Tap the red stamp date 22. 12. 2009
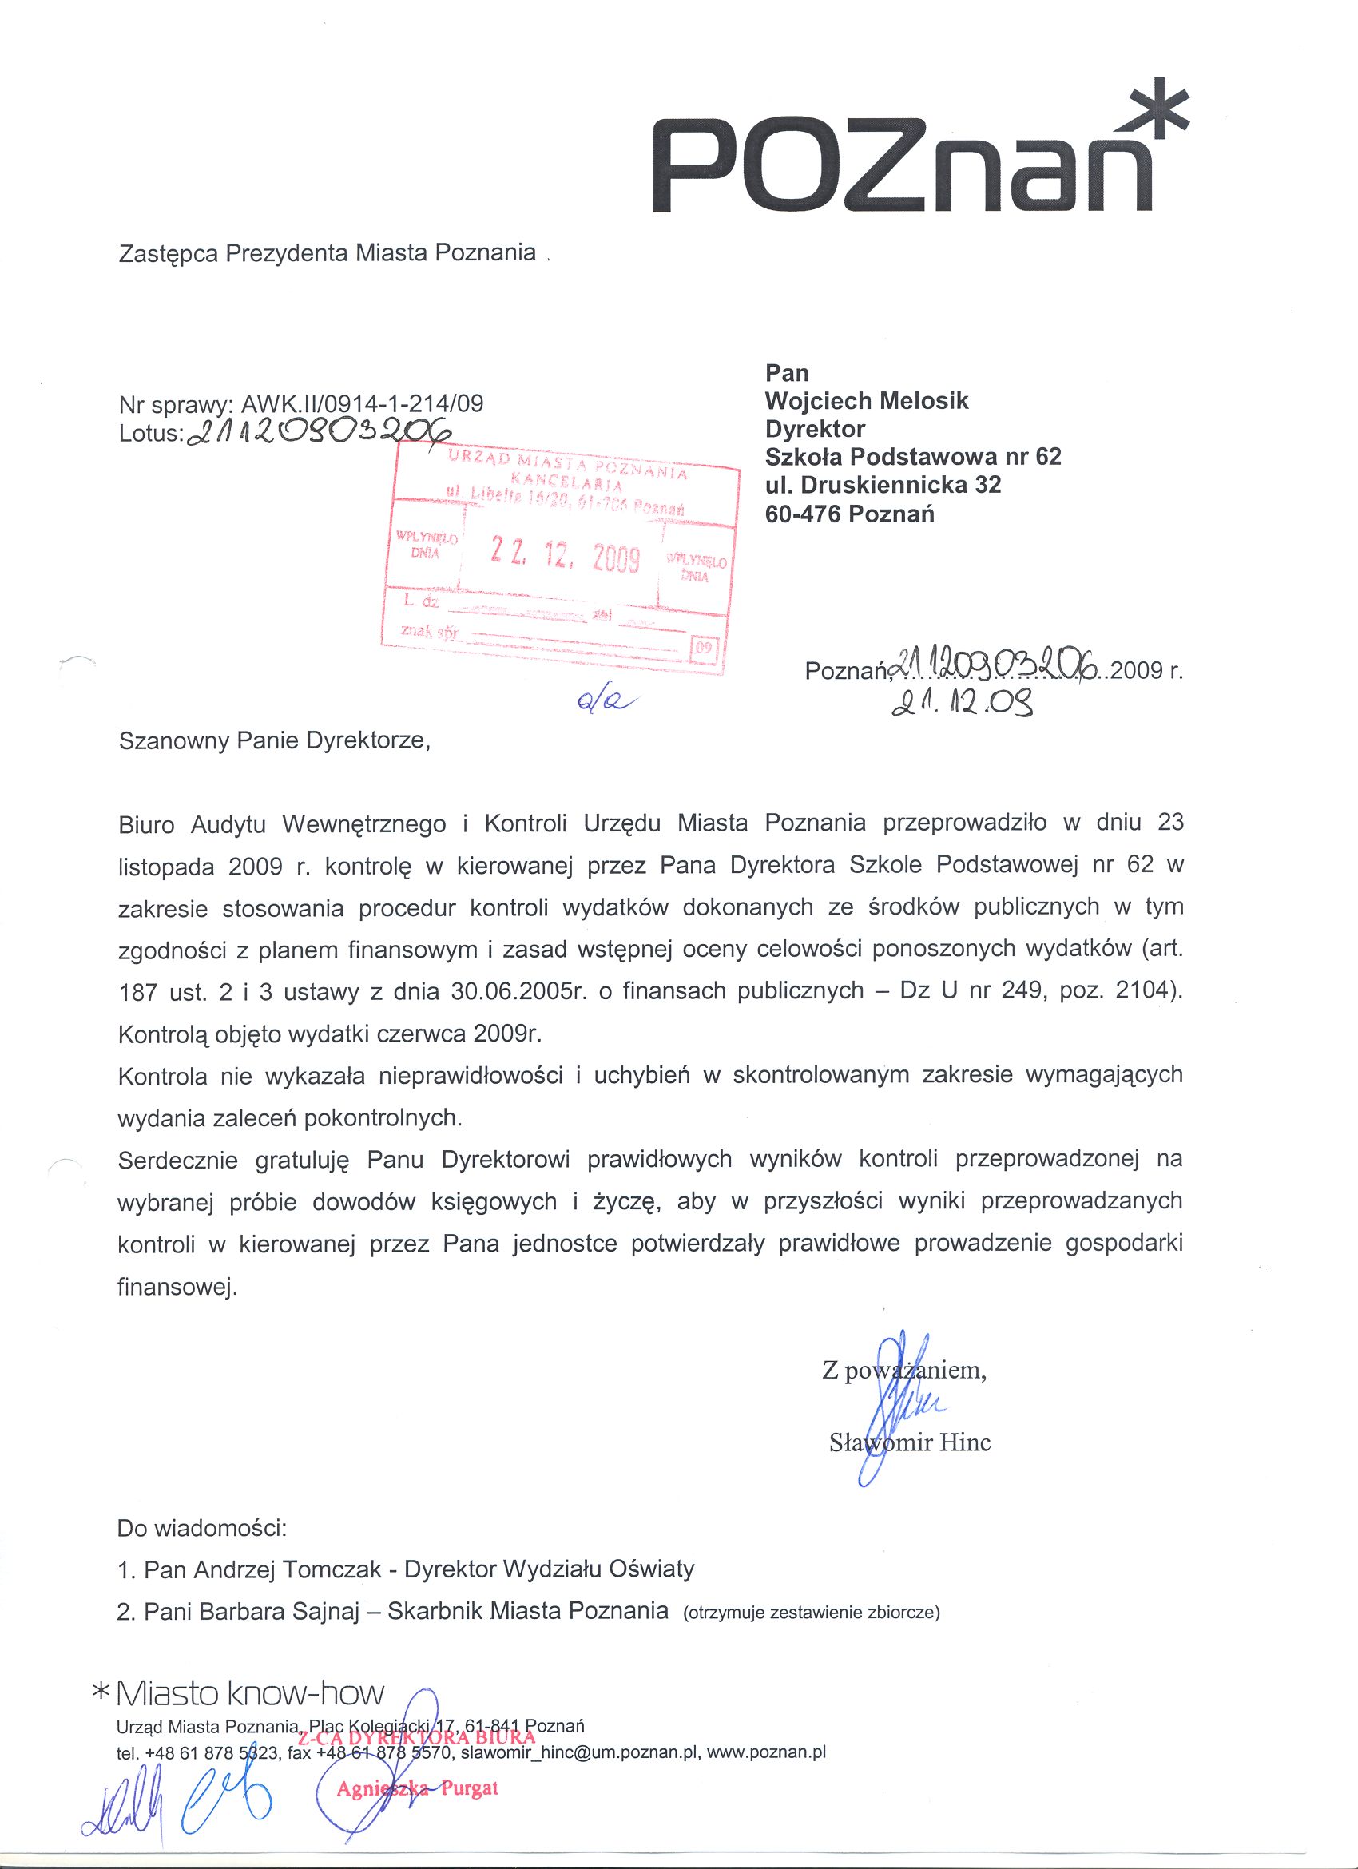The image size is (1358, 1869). point(565,554)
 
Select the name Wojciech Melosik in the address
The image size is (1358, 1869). point(866,401)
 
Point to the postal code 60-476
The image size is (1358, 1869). point(803,514)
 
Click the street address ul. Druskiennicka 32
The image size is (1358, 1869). point(883,485)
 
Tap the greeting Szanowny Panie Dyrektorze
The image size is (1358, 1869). point(275,740)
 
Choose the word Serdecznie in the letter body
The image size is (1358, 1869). point(178,1161)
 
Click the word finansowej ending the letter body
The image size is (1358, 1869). point(177,1288)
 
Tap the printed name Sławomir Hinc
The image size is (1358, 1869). point(910,1442)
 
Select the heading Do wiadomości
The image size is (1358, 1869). point(202,1528)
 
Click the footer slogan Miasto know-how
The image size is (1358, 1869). point(250,1693)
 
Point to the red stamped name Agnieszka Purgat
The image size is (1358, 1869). point(417,1788)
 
